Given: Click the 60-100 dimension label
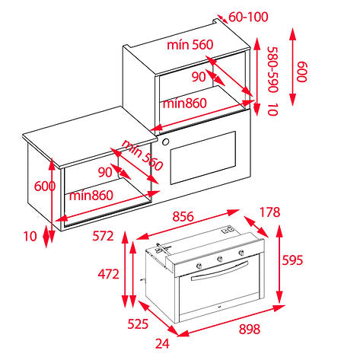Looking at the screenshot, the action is [248, 17].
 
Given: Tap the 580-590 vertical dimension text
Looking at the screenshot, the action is [273, 69].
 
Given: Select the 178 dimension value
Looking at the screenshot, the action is [269, 212].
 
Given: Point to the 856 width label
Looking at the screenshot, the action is [183, 217].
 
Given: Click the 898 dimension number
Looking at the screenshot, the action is [250, 329].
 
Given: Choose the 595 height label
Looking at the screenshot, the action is [292, 260].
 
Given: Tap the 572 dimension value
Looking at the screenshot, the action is [103, 236].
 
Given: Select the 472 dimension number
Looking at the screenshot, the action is [109, 274].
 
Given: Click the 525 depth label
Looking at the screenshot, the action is [138, 324].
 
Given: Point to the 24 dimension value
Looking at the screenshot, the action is [162, 344].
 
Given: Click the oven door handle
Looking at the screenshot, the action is [219, 271].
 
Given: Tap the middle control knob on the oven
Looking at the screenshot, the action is [219, 259].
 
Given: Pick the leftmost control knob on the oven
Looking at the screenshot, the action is [199, 266].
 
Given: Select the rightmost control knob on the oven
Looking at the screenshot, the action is [241, 253].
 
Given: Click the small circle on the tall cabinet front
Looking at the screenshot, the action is [165, 142].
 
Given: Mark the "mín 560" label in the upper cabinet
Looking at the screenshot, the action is [190, 45].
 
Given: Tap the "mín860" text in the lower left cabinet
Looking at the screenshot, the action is [91, 196].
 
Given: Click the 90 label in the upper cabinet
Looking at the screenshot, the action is [199, 77].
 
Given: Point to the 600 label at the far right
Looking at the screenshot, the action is [302, 72].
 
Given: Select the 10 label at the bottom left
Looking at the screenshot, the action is [30, 236].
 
